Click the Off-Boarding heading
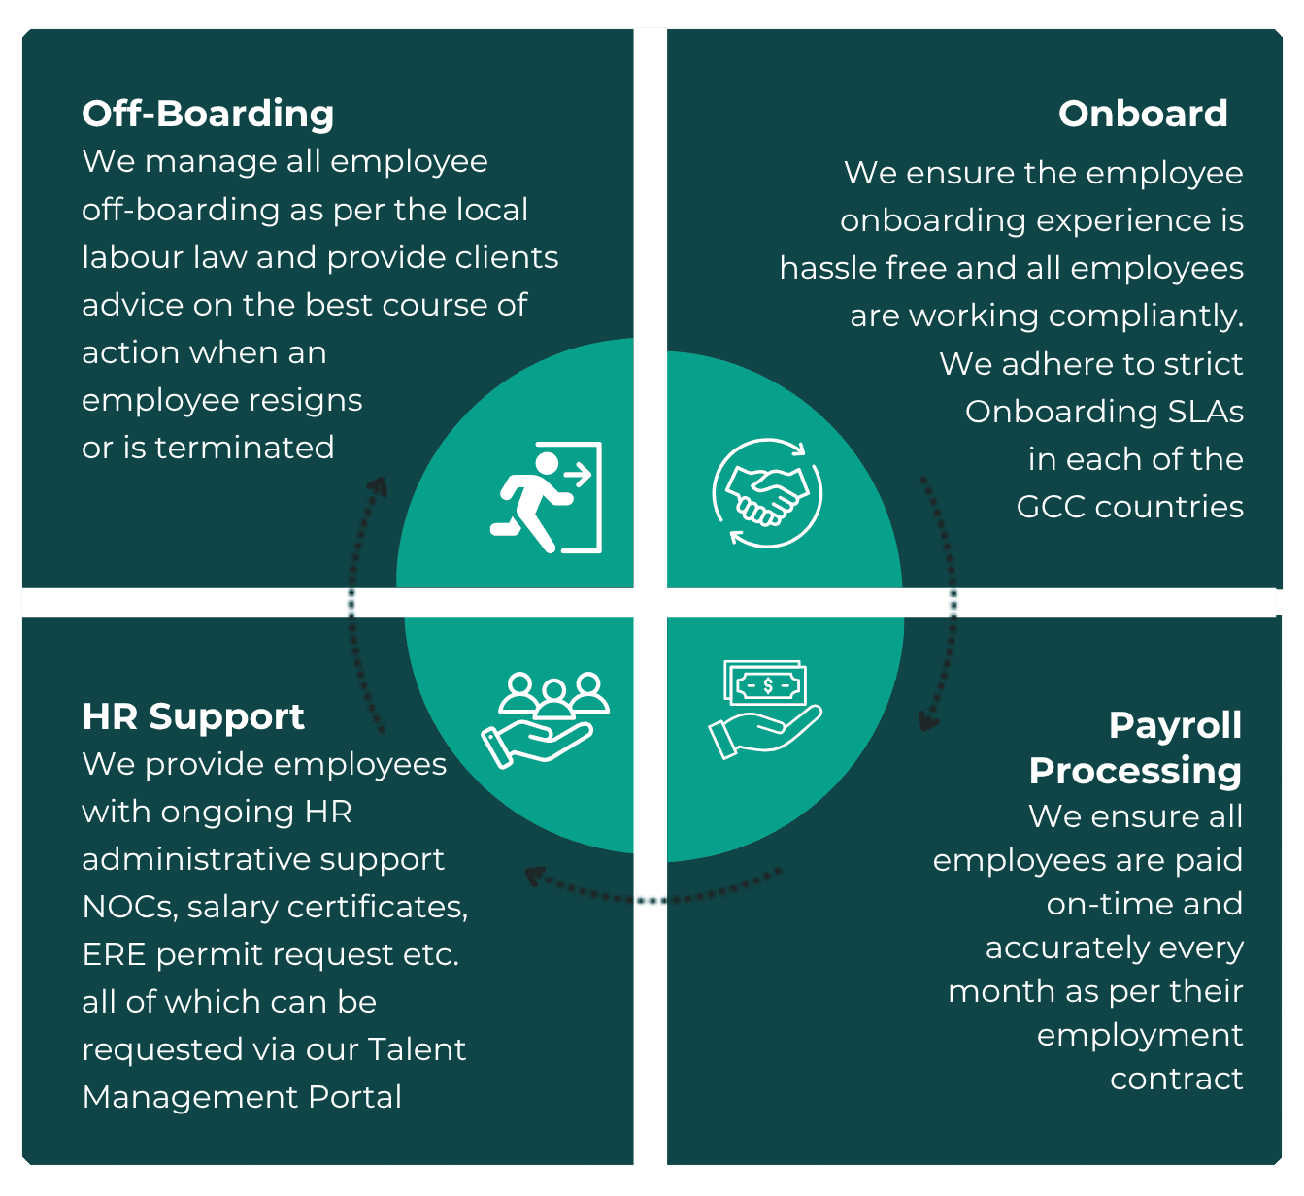[x=208, y=114]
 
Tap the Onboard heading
[x=1143, y=114]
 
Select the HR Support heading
[x=193, y=716]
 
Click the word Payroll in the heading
[x=1175, y=725]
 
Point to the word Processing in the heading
[x=1135, y=771]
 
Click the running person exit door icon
[x=546, y=497]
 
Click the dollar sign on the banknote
[x=768, y=685]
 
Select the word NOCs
[x=128, y=907]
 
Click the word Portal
[x=354, y=1097]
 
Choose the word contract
[x=1176, y=1079]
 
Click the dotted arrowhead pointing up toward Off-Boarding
[x=379, y=486]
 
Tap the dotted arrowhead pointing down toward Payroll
[x=929, y=721]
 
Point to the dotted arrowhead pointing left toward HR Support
[x=534, y=876]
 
